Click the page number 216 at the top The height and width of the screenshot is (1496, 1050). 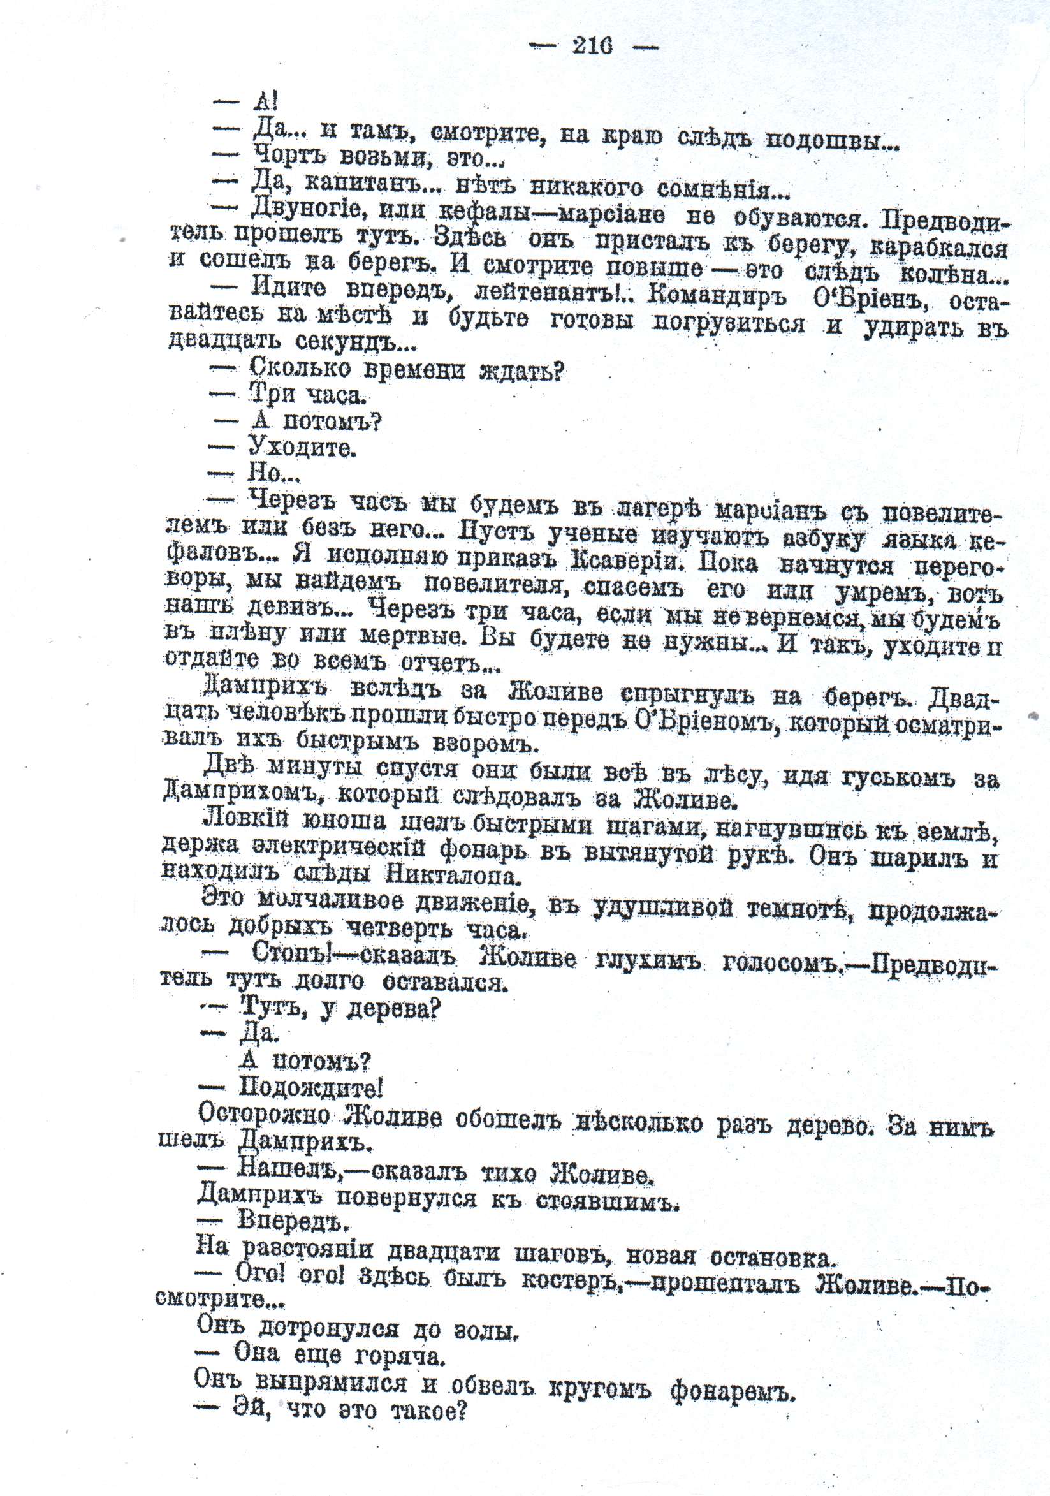tap(592, 47)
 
